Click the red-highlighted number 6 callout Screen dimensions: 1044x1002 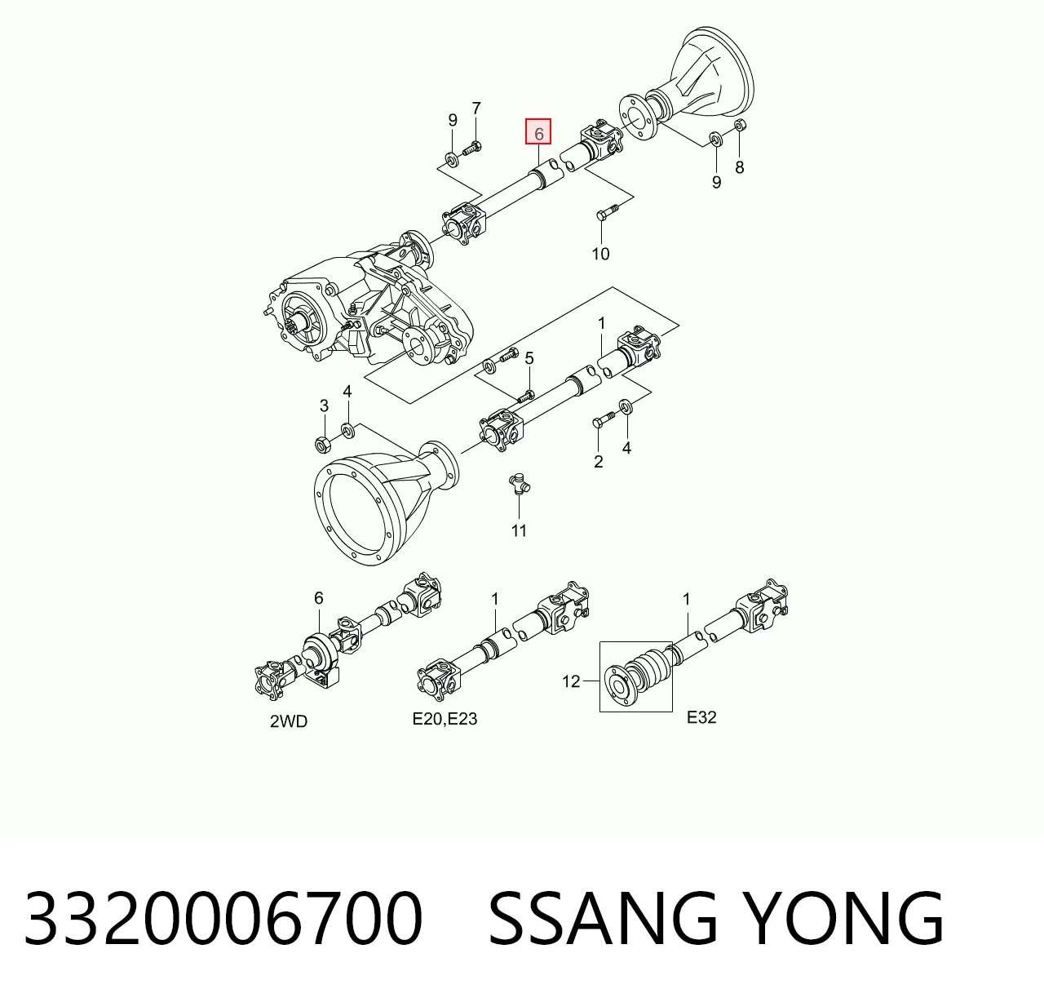click(x=538, y=132)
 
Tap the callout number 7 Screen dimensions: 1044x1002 click(x=476, y=109)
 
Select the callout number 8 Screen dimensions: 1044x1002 click(x=739, y=167)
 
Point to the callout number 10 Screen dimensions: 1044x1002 click(x=600, y=254)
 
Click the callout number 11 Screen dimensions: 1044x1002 click(x=519, y=531)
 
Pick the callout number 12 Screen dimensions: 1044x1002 click(x=571, y=681)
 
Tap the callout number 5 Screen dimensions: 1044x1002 click(x=529, y=358)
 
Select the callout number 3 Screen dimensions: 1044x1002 click(x=324, y=406)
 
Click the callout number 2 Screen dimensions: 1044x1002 click(x=598, y=462)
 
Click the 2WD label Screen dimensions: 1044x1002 click(x=289, y=721)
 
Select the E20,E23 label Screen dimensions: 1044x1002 click(x=445, y=719)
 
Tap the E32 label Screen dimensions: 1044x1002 click(x=701, y=717)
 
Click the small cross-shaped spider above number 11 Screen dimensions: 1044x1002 click(x=519, y=483)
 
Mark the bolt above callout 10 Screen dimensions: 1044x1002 click(x=607, y=210)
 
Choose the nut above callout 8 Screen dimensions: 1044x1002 click(x=739, y=125)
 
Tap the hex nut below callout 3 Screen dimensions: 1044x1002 click(x=321, y=444)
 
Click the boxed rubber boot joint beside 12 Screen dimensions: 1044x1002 click(x=635, y=676)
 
